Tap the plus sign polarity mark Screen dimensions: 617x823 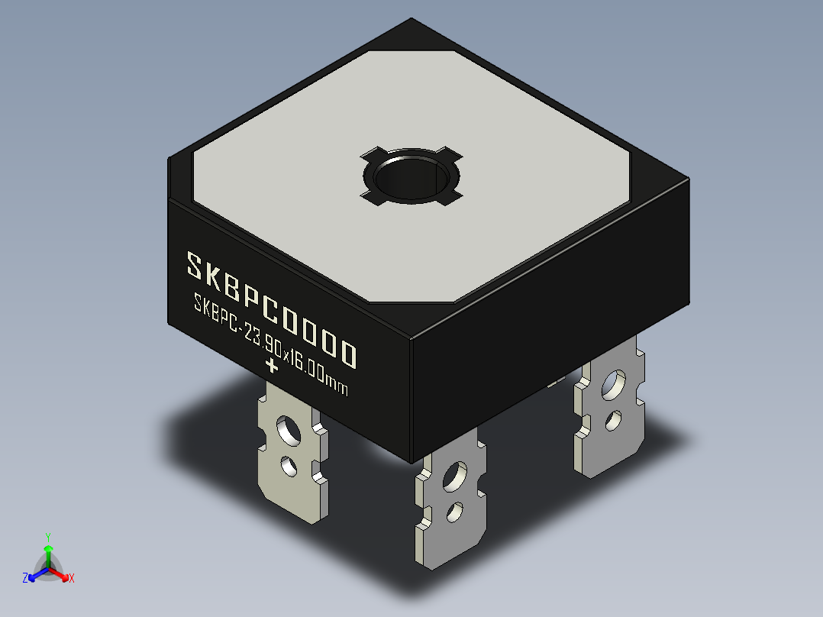[270, 365]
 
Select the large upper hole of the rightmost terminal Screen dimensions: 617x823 [612, 387]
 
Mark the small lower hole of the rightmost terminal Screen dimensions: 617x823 [611, 419]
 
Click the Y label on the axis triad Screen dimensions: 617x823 [47, 536]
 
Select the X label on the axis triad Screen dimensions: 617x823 [72, 579]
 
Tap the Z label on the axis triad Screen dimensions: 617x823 [25, 578]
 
